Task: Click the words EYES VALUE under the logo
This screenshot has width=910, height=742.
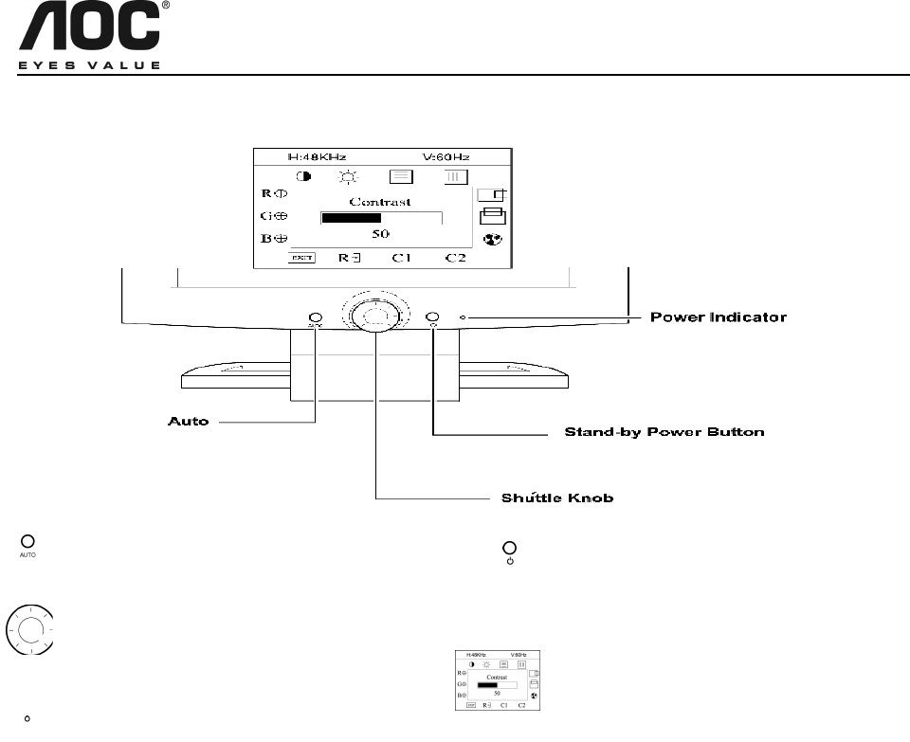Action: tap(90, 65)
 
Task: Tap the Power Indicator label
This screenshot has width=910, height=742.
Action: tap(718, 317)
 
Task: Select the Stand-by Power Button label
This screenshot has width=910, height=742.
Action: tap(664, 433)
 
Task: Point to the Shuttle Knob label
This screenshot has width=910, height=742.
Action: tap(556, 498)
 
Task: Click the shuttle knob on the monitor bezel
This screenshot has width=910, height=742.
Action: tap(375, 316)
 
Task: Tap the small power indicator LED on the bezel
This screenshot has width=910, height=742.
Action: tap(463, 317)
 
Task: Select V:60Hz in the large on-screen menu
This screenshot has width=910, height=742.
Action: tap(446, 155)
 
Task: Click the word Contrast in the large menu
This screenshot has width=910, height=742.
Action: tap(379, 201)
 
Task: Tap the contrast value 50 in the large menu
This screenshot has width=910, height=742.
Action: tap(379, 233)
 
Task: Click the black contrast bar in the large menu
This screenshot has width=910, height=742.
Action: tap(352, 217)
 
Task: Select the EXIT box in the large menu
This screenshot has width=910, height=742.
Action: tap(302, 257)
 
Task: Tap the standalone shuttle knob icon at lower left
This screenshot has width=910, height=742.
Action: tap(29, 629)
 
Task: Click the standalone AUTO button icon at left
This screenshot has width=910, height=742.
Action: tap(27, 544)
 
